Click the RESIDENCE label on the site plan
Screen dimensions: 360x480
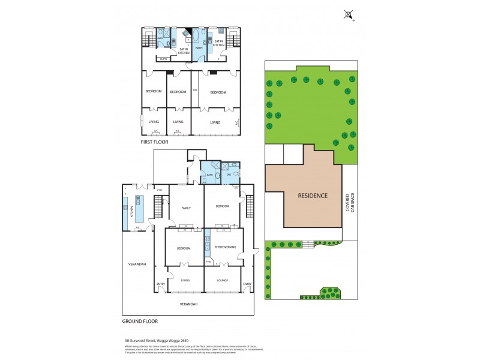point(313,196)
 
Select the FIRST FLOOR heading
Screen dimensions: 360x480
point(154,142)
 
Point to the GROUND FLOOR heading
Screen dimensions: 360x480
point(139,321)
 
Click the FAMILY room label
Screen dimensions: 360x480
point(186,208)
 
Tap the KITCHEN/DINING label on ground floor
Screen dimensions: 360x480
point(224,248)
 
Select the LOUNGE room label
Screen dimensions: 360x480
point(222,280)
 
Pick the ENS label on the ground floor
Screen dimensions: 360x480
point(229,175)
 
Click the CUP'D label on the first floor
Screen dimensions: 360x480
point(163,59)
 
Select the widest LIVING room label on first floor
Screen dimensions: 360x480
point(215,122)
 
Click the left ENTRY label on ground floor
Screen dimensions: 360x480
point(161,284)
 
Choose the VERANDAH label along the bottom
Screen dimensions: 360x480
point(188,304)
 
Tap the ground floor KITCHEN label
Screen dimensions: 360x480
point(131,211)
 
